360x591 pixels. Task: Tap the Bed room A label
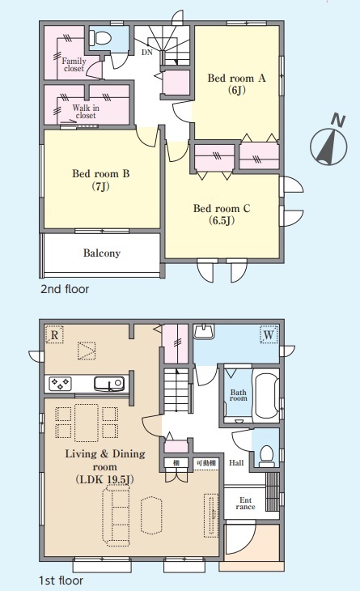[236, 83]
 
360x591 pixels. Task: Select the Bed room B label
[101, 180]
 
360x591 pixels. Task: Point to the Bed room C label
[222, 214]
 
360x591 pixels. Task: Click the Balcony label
[102, 253]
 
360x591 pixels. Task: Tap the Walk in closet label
[86, 112]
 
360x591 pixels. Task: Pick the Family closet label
[74, 65]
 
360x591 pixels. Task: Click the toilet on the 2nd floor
[100, 38]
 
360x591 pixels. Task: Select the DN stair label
[147, 53]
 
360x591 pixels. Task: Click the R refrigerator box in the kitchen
[54, 334]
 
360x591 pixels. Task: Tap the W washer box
[269, 334]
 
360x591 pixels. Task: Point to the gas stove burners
[60, 384]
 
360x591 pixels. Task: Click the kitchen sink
[109, 384]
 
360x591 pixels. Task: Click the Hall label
[236, 462]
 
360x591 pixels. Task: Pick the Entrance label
[245, 504]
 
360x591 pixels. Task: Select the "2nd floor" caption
[65, 289]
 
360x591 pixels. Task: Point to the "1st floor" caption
[61, 580]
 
